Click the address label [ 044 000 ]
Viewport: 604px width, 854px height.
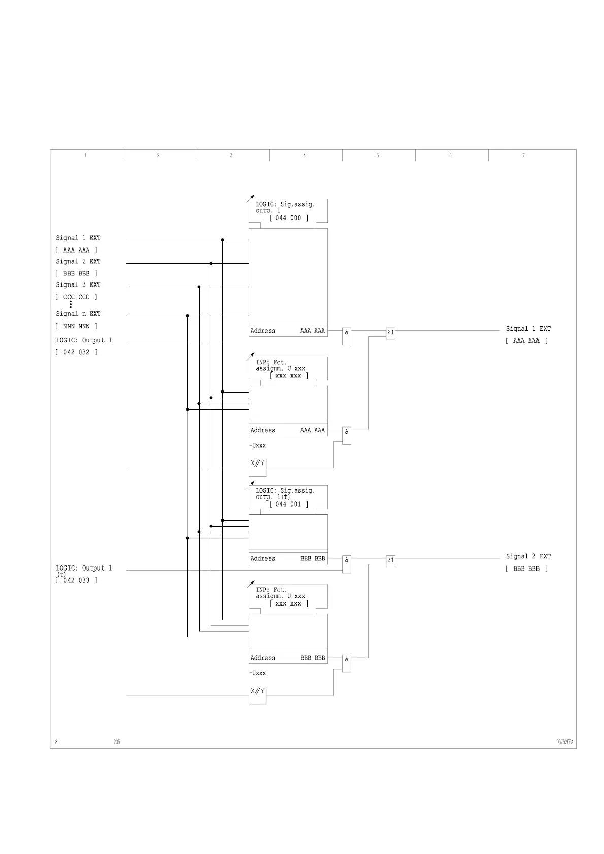288,218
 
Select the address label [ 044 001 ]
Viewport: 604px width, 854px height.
288,504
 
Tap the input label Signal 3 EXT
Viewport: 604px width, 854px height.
78,285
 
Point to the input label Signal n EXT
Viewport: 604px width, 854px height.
78,314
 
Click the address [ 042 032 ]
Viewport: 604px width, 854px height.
77,352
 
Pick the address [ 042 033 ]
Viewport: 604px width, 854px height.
77,580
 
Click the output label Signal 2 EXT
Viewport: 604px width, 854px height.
528,557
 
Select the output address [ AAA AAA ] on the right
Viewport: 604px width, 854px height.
526,341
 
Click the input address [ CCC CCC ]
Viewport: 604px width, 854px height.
77,297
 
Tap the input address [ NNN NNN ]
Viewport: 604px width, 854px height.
77,327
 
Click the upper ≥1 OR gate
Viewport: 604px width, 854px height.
390,333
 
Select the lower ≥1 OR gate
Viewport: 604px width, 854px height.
390,561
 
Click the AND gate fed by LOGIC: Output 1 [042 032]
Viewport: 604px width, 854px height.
347,336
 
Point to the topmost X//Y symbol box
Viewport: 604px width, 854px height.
257,467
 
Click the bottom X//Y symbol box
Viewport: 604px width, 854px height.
257,694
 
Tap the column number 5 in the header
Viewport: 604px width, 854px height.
377,156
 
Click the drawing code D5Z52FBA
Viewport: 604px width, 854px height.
564,743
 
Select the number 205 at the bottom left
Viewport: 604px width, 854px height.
117,742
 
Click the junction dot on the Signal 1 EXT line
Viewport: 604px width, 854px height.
222,240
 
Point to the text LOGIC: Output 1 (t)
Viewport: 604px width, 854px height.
83,571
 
